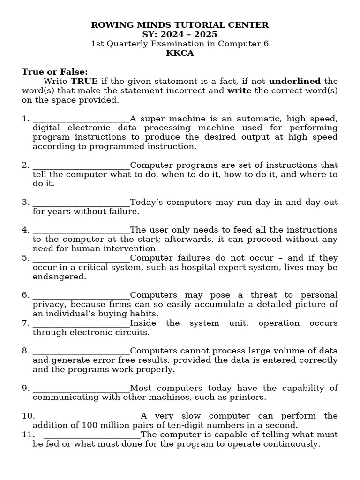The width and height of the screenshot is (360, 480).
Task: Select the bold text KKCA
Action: point(180,53)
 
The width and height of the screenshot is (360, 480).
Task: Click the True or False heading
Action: point(55,72)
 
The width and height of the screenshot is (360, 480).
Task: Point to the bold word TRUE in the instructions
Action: point(84,81)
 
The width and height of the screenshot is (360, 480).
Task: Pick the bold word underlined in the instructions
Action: point(294,81)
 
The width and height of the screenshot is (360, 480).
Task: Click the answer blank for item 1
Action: point(81,119)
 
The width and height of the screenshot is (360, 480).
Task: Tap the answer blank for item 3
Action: point(81,203)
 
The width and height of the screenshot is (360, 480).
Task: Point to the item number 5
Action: point(26,258)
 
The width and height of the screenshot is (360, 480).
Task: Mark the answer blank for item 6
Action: point(81,296)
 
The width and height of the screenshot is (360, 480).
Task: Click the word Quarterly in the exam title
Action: point(131,44)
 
